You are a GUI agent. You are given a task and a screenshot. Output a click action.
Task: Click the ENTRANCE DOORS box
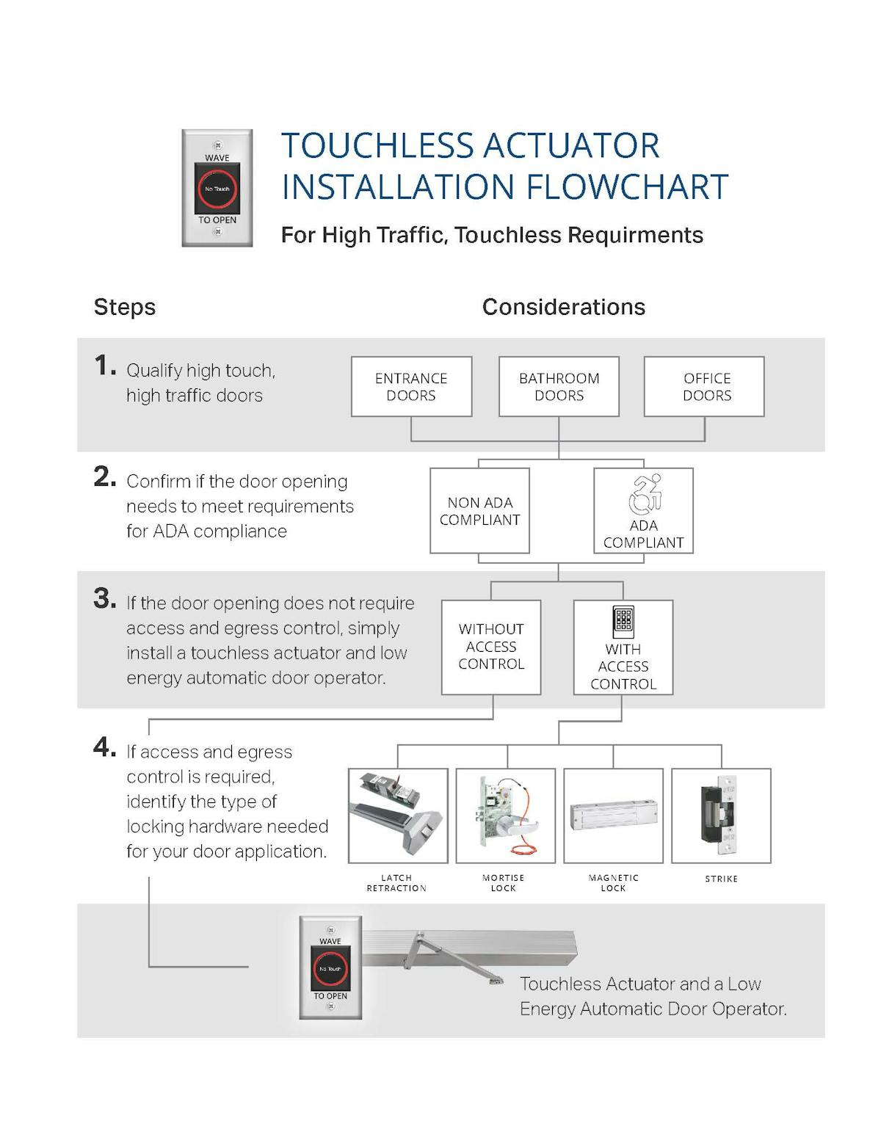click(x=411, y=387)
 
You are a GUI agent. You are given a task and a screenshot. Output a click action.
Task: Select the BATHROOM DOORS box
click(x=559, y=387)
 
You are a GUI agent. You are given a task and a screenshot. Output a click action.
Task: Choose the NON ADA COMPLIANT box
click(x=479, y=511)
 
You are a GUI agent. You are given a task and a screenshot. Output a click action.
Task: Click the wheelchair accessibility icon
click(x=645, y=494)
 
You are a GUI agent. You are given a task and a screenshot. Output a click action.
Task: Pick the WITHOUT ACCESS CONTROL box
click(x=491, y=647)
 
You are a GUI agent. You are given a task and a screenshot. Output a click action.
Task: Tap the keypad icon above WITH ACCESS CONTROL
click(x=623, y=622)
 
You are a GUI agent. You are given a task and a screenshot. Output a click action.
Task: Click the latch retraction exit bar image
click(x=397, y=816)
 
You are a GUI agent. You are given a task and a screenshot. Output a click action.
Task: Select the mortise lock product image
click(x=505, y=816)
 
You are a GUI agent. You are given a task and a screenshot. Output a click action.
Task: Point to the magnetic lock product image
click(x=613, y=816)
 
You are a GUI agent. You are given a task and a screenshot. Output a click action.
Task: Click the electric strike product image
click(x=720, y=816)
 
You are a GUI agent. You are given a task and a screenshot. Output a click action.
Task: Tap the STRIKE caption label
click(x=721, y=879)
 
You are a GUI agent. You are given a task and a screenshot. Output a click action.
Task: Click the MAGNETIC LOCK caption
click(x=613, y=883)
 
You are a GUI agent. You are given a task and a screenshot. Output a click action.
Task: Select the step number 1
click(x=104, y=365)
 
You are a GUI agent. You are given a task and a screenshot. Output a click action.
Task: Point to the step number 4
click(x=104, y=747)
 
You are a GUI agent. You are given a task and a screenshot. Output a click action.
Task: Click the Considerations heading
click(x=563, y=307)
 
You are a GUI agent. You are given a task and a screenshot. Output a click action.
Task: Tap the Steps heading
click(x=125, y=307)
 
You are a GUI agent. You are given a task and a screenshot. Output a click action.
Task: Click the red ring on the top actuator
click(x=217, y=189)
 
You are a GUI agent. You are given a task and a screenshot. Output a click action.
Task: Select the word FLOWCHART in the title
click(x=627, y=187)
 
